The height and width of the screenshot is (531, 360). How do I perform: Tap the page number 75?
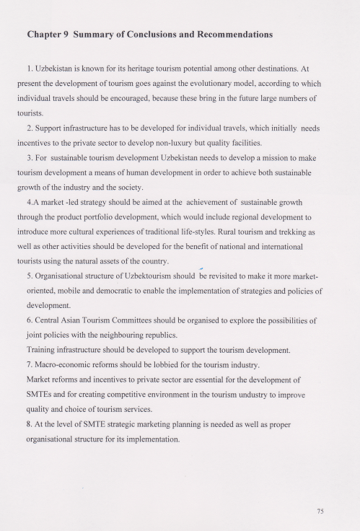coord(320,511)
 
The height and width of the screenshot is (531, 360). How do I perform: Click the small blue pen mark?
coord(200,268)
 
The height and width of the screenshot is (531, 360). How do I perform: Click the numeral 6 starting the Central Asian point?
coord(28,320)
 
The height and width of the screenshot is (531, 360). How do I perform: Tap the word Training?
coord(39,350)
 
